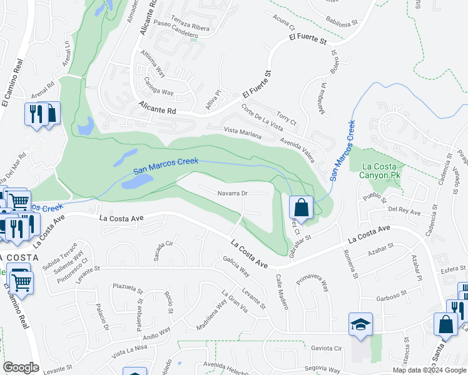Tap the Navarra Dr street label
tap(233, 193)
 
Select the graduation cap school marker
tap(361, 325)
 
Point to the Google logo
tap(21, 367)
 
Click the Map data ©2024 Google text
tap(429, 370)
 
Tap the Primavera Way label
tap(313, 281)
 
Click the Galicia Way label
tap(236, 266)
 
